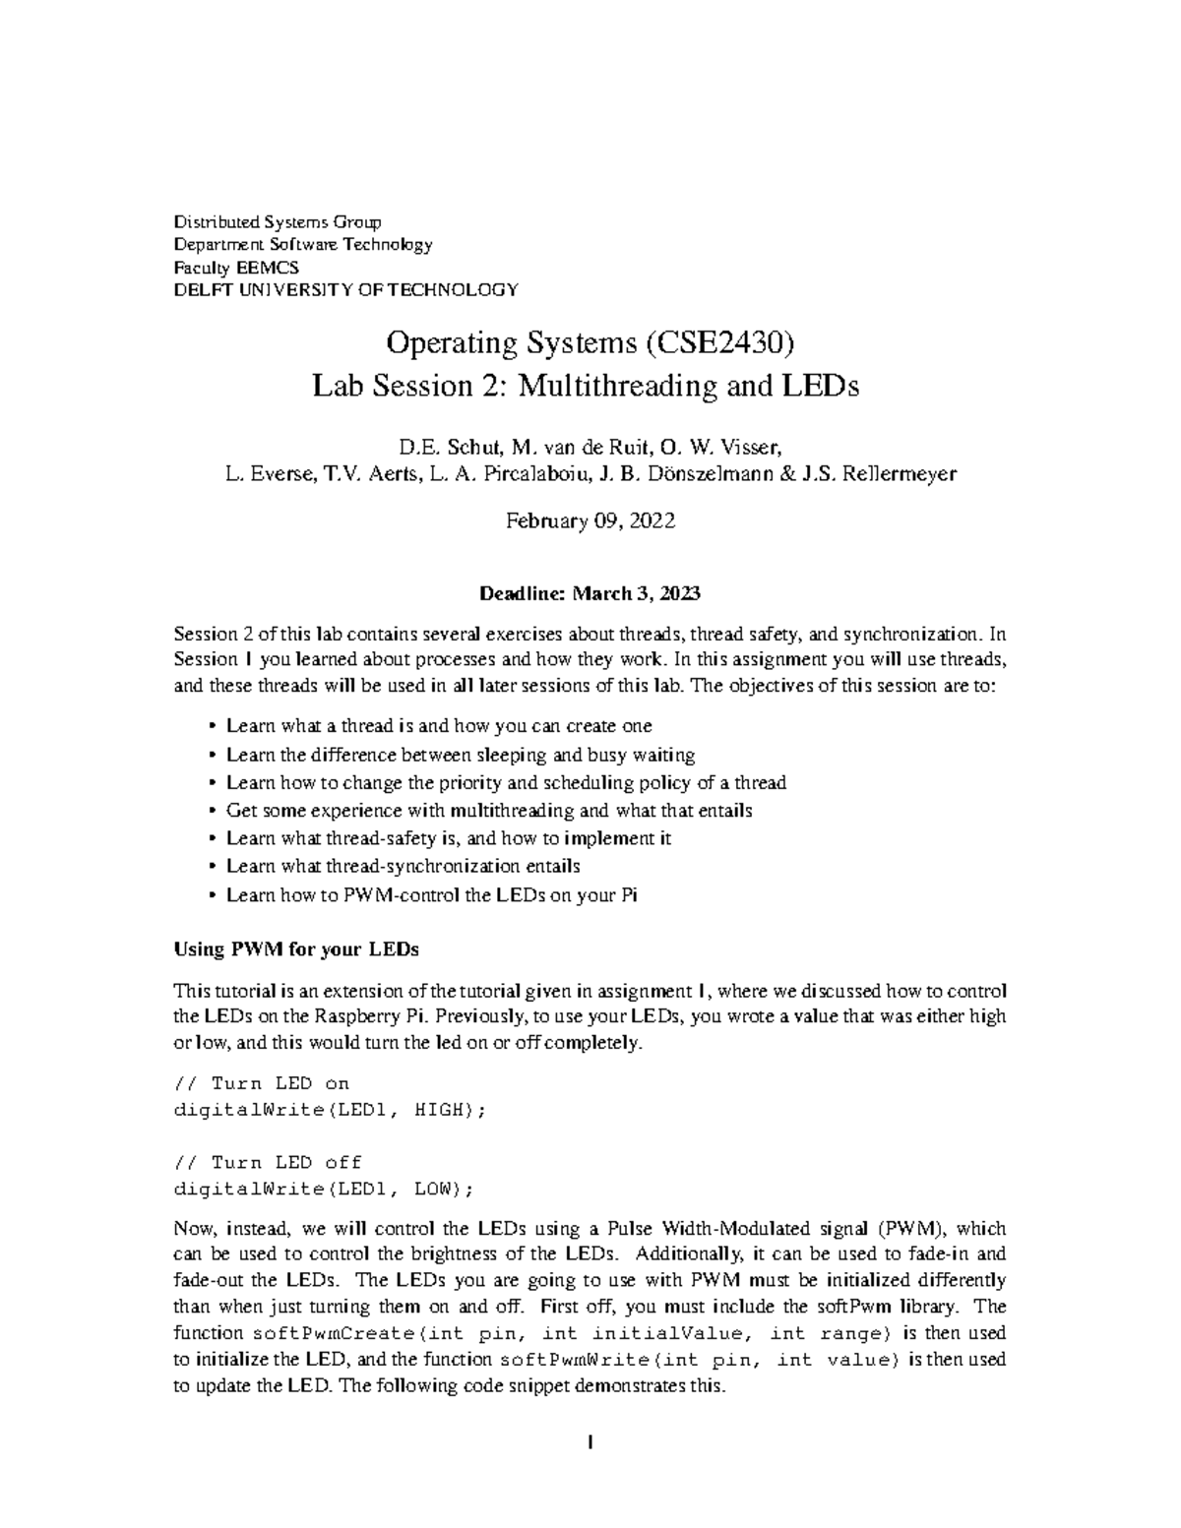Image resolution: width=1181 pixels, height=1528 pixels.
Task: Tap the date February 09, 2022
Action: tap(590, 522)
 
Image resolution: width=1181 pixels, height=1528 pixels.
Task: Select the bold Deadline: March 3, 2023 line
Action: tap(590, 593)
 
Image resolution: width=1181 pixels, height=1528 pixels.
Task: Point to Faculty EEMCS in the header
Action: tap(236, 267)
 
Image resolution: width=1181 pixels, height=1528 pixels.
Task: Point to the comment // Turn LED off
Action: tap(268, 1162)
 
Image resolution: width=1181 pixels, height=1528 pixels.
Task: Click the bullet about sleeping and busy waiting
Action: tap(461, 755)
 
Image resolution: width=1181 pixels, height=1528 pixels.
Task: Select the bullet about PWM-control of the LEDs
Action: tap(432, 895)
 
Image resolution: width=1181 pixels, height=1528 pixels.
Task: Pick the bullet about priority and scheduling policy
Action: tap(506, 783)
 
